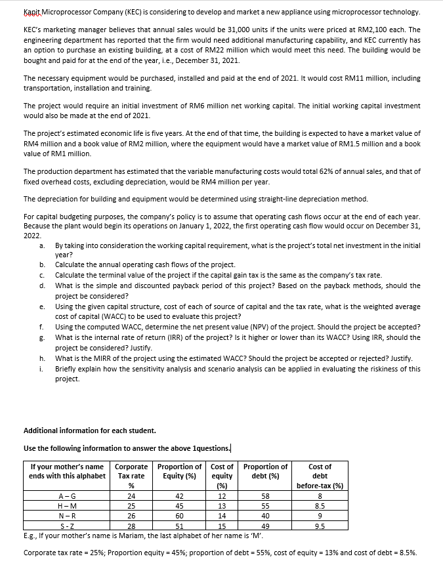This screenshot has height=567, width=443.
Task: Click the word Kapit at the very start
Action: coord(32,12)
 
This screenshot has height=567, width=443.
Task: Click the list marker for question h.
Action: coord(43,358)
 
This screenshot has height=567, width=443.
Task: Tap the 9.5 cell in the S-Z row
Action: coord(320,525)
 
